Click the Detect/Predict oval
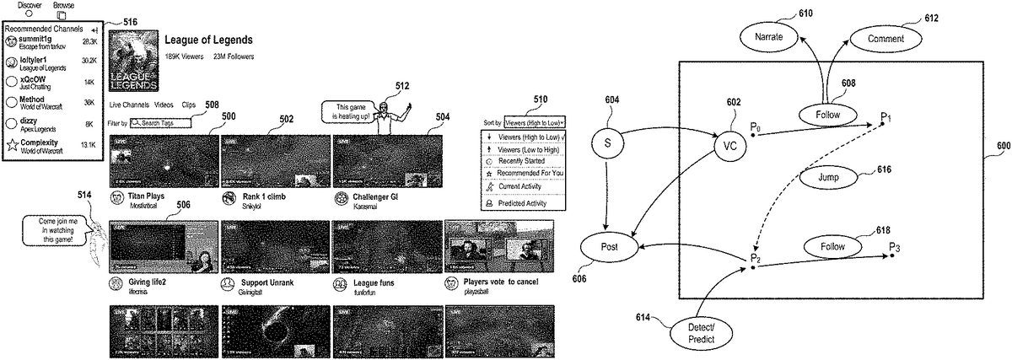[694, 331]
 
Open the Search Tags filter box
[159, 123]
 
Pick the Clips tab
[188, 105]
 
